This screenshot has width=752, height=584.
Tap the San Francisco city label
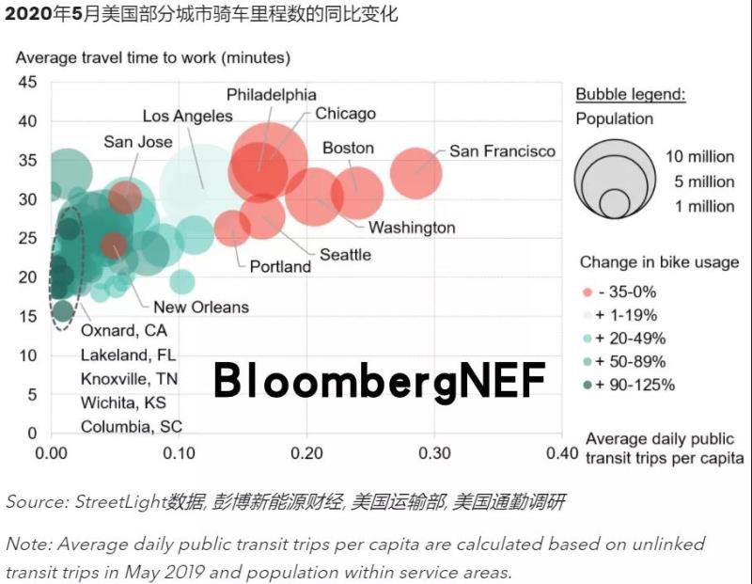pos(502,150)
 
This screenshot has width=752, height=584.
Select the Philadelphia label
pos(272,95)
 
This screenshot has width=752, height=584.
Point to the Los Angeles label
pos(188,116)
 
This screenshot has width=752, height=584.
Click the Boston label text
pos(348,148)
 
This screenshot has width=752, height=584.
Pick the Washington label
pos(412,228)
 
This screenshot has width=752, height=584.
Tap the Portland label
pos(280,266)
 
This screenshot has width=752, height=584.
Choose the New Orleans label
pos(201,307)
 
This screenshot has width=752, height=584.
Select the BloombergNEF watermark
pos(379,380)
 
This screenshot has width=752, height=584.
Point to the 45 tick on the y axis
pos(28,82)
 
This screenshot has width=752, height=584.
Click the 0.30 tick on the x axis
pos(434,452)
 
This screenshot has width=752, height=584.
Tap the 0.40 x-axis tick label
pos(562,452)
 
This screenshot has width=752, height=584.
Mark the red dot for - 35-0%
pos(587,292)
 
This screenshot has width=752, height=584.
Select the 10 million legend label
pos(699,157)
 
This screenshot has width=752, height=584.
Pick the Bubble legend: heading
pos(631,94)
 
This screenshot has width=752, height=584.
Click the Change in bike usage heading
pos(659,261)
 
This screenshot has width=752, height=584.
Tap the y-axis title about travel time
pos(153,57)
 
